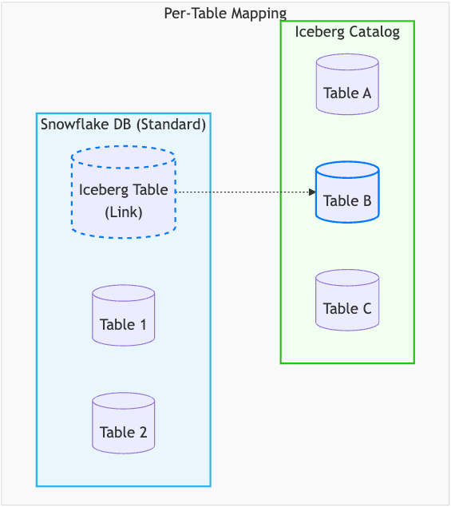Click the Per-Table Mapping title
click(x=225, y=13)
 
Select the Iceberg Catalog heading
click(x=347, y=32)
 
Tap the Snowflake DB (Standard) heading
click(x=123, y=124)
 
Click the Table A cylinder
click(x=347, y=85)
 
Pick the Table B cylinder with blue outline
click(x=347, y=193)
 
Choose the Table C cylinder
click(x=347, y=301)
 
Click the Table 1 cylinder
click(x=123, y=316)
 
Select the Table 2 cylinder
click(x=123, y=424)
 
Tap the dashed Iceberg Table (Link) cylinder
click(x=123, y=192)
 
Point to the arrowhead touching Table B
click(x=312, y=192)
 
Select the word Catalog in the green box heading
click(x=374, y=32)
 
